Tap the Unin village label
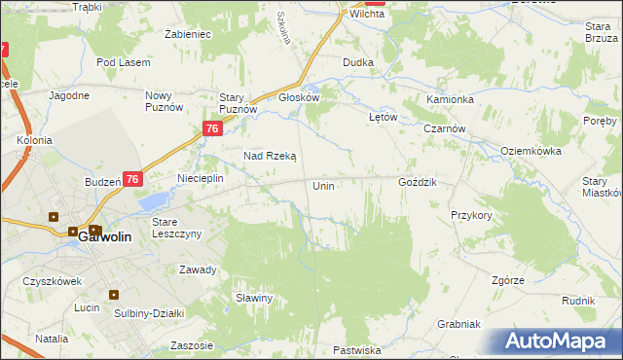coord(324,185)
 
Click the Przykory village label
coord(471,215)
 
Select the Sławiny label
coord(253,298)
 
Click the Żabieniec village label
coord(189,33)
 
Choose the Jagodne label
coord(69,95)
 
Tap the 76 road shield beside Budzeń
coord(133,179)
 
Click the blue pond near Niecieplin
coord(153,201)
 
